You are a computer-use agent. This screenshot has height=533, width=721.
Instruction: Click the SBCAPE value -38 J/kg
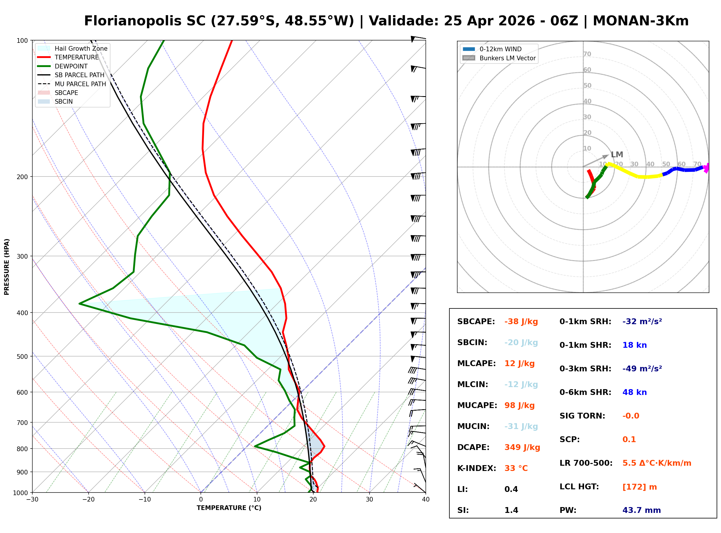click(x=521, y=322)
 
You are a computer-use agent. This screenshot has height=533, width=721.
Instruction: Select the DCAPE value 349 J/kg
click(x=522, y=447)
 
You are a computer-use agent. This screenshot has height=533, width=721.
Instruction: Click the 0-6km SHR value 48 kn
click(x=634, y=392)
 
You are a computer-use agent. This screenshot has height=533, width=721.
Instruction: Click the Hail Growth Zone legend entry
click(x=81, y=48)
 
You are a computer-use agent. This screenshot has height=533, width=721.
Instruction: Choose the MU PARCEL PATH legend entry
click(x=80, y=84)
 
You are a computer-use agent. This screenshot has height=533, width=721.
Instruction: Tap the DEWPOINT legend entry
click(x=71, y=66)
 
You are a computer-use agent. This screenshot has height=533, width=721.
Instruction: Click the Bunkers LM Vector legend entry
click(x=507, y=58)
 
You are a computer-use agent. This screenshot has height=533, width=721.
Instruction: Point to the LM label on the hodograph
click(x=617, y=155)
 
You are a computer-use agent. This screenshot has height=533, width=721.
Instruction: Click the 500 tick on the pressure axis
click(x=23, y=356)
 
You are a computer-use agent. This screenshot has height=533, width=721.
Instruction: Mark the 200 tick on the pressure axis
click(x=23, y=177)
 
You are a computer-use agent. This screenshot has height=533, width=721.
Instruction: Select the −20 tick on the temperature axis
click(x=88, y=500)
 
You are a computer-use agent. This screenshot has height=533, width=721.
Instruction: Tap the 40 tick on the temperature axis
click(x=425, y=500)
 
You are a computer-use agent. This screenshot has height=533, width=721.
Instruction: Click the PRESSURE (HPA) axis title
click(x=7, y=267)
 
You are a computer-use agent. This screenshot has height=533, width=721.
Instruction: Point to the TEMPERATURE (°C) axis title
click(x=229, y=508)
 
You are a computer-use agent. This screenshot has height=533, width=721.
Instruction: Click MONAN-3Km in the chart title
click(x=641, y=21)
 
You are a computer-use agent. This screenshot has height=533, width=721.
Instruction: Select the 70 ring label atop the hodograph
click(x=587, y=54)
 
